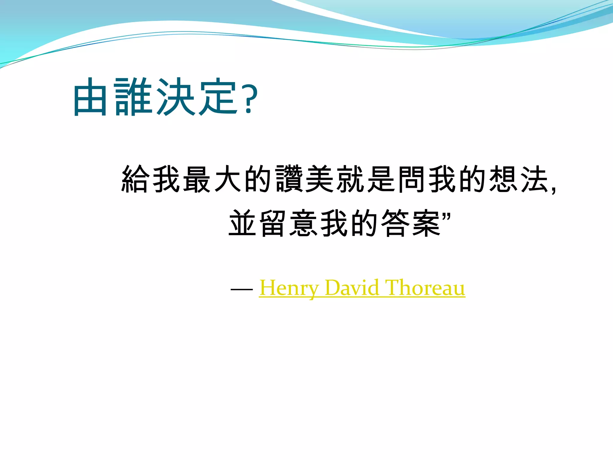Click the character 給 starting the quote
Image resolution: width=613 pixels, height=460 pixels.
pyautogui.click(x=135, y=178)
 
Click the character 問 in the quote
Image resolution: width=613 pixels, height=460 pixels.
pyautogui.click(x=411, y=178)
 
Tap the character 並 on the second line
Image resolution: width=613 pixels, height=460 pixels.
pyautogui.click(x=242, y=223)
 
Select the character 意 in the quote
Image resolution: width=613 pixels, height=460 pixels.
pyautogui.click(x=303, y=223)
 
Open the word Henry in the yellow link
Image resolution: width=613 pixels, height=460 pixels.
pyautogui.click(x=289, y=288)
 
